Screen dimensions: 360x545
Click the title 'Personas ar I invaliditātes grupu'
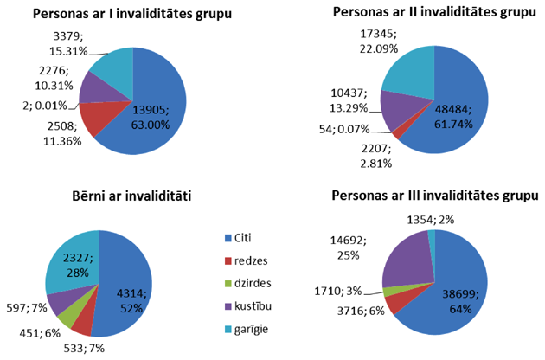[x=125, y=15]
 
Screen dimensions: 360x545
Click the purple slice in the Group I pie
[x=93, y=87]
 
